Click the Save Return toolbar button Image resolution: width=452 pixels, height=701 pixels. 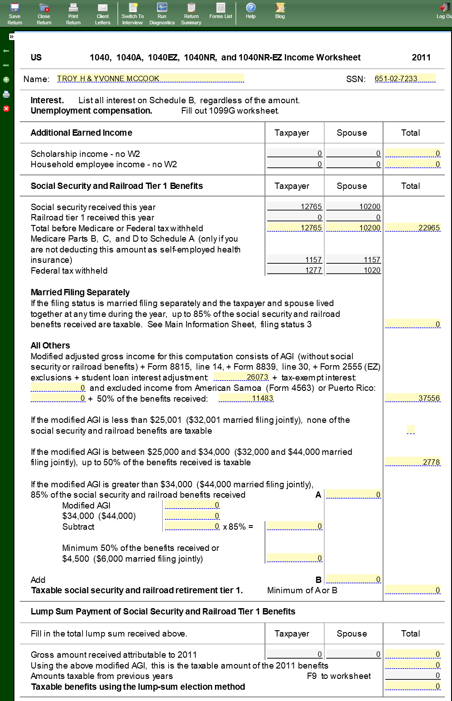(x=14, y=14)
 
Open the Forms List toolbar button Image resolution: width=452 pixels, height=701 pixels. (x=221, y=11)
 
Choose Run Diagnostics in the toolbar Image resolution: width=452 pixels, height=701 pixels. (x=162, y=14)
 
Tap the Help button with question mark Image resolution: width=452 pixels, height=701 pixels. (x=251, y=11)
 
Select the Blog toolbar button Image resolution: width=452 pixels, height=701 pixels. (x=280, y=11)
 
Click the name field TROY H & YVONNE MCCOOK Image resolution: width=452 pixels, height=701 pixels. (x=150, y=78)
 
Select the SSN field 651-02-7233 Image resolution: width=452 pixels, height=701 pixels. (x=405, y=78)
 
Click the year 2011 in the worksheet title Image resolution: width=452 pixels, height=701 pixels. (x=421, y=57)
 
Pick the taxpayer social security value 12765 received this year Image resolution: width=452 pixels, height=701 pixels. (x=295, y=206)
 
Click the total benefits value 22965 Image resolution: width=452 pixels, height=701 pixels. (x=413, y=228)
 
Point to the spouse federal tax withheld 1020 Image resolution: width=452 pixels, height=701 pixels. (x=354, y=270)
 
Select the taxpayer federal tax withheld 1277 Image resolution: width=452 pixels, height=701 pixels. (x=295, y=270)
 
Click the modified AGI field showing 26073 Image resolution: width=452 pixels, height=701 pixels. (x=241, y=377)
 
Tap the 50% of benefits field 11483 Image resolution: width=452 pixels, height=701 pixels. (x=246, y=398)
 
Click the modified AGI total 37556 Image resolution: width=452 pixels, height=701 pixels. (x=413, y=398)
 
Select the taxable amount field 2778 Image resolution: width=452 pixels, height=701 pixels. (x=413, y=462)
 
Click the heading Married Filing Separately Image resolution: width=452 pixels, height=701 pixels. (x=80, y=292)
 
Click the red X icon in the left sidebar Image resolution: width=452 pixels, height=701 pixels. (x=6, y=109)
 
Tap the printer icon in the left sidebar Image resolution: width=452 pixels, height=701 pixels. (x=6, y=94)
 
